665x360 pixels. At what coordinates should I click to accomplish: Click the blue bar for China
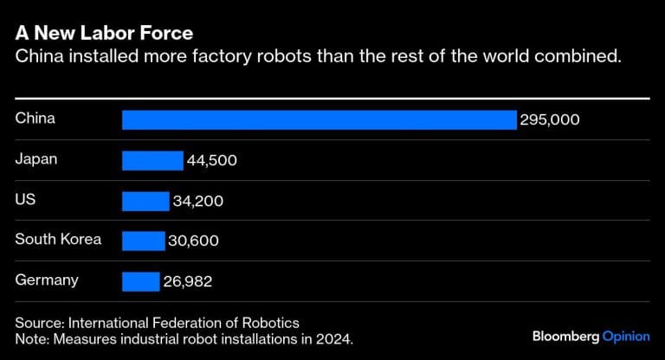click(x=319, y=119)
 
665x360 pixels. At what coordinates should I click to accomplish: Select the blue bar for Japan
click(x=152, y=160)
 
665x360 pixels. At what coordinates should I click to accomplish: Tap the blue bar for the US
click(x=145, y=201)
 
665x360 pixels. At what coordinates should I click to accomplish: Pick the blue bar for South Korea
click(x=143, y=241)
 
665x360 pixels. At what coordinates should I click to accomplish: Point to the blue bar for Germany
click(x=141, y=281)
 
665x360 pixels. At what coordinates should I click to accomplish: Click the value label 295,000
click(x=550, y=120)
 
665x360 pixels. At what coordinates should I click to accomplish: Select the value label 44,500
click(x=212, y=161)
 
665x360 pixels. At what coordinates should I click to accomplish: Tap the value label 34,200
click(x=198, y=202)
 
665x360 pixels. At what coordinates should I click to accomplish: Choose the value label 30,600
click(x=194, y=241)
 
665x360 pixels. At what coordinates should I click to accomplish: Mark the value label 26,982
click(x=189, y=282)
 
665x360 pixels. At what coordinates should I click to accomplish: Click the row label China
click(x=36, y=118)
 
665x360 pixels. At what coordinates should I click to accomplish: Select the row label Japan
click(x=36, y=158)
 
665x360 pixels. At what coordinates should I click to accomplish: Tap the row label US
click(x=25, y=199)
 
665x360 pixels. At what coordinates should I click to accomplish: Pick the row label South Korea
click(x=58, y=239)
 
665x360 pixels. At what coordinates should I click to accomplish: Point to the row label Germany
click(x=47, y=280)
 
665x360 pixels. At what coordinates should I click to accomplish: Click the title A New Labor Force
click(x=104, y=33)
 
